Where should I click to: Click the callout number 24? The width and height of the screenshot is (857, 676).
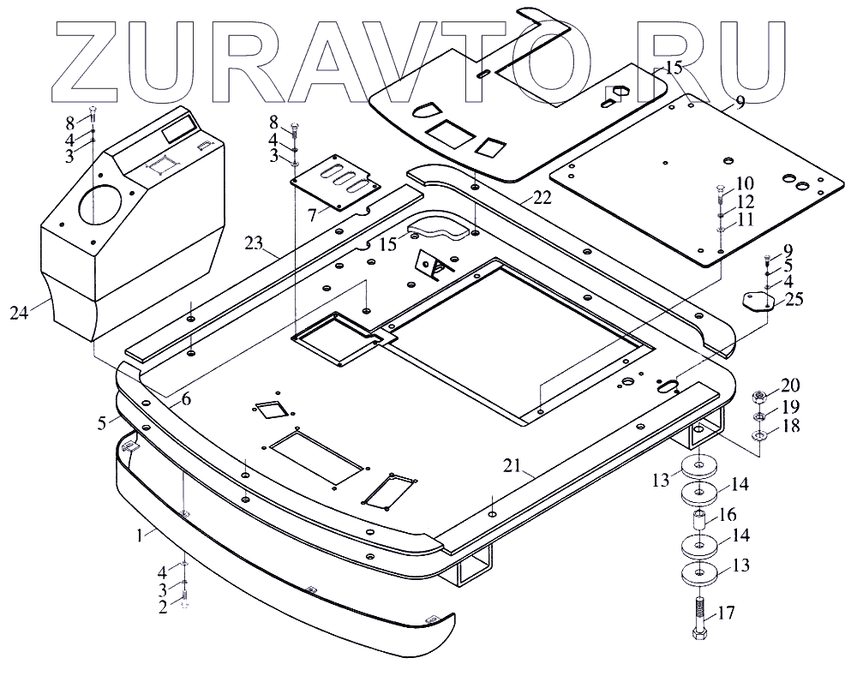coord(19,314)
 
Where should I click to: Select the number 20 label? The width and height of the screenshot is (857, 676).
coord(788,385)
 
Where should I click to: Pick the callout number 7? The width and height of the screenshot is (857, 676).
coord(312,212)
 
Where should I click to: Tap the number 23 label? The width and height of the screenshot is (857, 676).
coord(252,244)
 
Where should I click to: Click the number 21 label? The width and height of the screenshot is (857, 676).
coord(512,466)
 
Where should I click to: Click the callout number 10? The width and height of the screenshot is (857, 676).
coord(744,184)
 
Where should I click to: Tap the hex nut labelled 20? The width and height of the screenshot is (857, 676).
coord(758,397)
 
